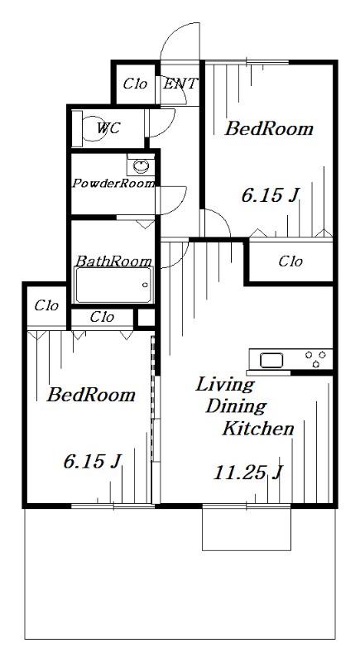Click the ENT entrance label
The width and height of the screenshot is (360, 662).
(x=180, y=84)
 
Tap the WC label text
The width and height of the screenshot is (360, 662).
(x=108, y=127)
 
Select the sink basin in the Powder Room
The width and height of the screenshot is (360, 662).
(x=141, y=165)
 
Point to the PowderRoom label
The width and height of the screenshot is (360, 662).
(x=113, y=184)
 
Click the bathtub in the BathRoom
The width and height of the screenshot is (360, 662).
(x=113, y=285)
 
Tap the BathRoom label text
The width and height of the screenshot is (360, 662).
(x=113, y=261)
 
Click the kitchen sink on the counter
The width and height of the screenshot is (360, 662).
(x=268, y=360)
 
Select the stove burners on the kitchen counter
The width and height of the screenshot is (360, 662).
(x=315, y=359)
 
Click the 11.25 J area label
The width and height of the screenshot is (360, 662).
(x=247, y=473)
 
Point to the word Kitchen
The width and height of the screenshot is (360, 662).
(x=258, y=429)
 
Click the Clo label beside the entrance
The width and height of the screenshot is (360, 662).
(x=135, y=84)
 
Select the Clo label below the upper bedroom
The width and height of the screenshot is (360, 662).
(x=290, y=261)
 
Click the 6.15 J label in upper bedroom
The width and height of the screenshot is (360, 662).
(x=270, y=195)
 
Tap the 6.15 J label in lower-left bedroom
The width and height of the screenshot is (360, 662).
(x=93, y=462)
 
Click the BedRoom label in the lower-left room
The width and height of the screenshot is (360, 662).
(x=91, y=395)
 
